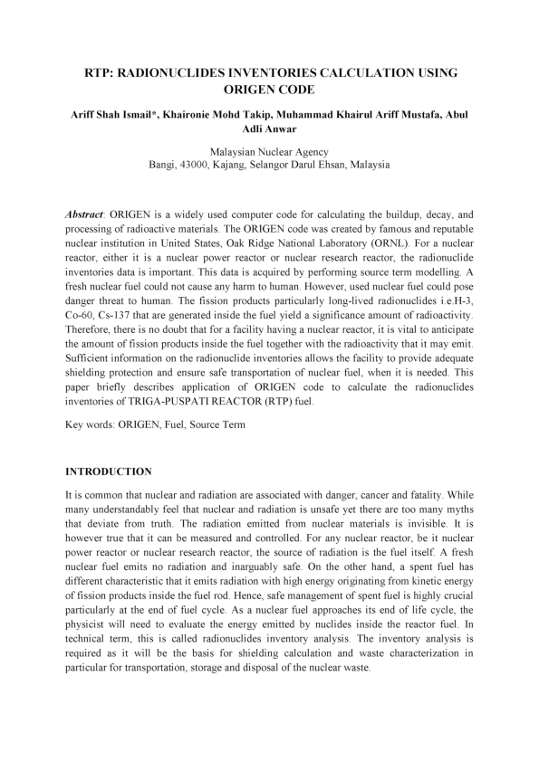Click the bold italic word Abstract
86,215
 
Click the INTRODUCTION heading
110,471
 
